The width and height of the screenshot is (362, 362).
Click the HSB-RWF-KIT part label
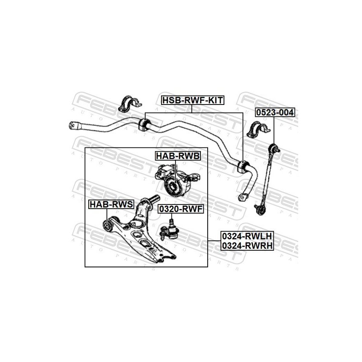(192, 100)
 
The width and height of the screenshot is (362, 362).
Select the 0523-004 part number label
(274, 112)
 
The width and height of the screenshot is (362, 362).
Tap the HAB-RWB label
(177, 157)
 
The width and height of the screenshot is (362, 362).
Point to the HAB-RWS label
(110, 204)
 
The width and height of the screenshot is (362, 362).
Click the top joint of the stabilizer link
(274, 147)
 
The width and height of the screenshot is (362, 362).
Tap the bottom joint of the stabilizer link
(260, 209)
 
